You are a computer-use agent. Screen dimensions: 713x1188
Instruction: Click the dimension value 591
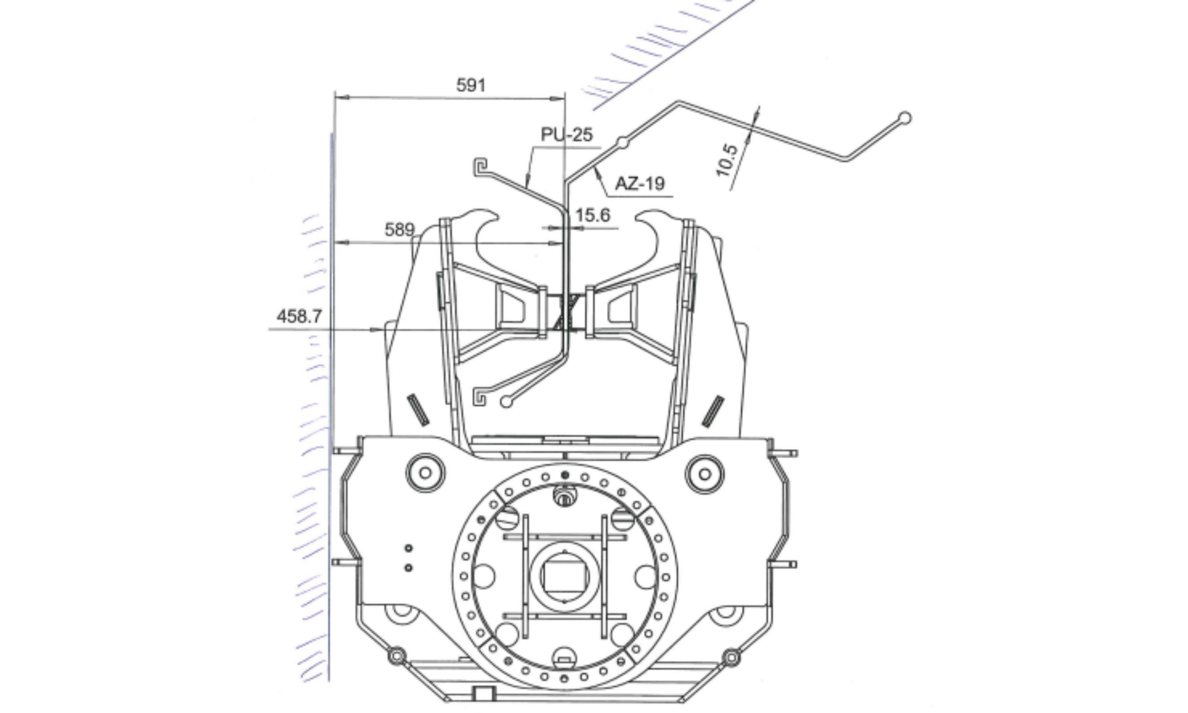click(470, 86)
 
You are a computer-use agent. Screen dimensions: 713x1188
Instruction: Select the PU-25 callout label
click(566, 135)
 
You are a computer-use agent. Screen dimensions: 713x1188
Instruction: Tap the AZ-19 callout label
click(639, 184)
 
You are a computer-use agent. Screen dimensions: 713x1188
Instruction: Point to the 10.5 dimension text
click(727, 160)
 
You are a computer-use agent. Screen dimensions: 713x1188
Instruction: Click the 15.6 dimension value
click(592, 215)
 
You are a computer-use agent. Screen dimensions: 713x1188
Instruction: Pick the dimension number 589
click(399, 230)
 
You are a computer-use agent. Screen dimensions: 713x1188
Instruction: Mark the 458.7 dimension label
click(299, 316)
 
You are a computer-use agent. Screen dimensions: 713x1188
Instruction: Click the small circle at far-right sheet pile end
click(905, 118)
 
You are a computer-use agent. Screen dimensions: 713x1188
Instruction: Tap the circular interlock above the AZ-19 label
click(622, 143)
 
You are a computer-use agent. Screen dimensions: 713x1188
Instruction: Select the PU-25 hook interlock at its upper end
click(480, 166)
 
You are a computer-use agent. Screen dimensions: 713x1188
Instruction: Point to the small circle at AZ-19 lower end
click(506, 402)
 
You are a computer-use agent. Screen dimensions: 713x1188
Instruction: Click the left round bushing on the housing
click(425, 474)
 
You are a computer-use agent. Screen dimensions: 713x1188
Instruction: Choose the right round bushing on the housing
click(704, 474)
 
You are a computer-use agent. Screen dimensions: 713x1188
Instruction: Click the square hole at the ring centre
click(564, 577)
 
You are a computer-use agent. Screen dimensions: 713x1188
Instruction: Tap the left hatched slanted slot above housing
click(418, 409)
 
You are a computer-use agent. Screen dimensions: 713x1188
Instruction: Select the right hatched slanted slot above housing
click(712, 411)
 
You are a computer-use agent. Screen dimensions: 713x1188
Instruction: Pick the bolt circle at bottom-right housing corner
click(732, 657)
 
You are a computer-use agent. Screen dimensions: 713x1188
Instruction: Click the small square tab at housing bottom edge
click(485, 693)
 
